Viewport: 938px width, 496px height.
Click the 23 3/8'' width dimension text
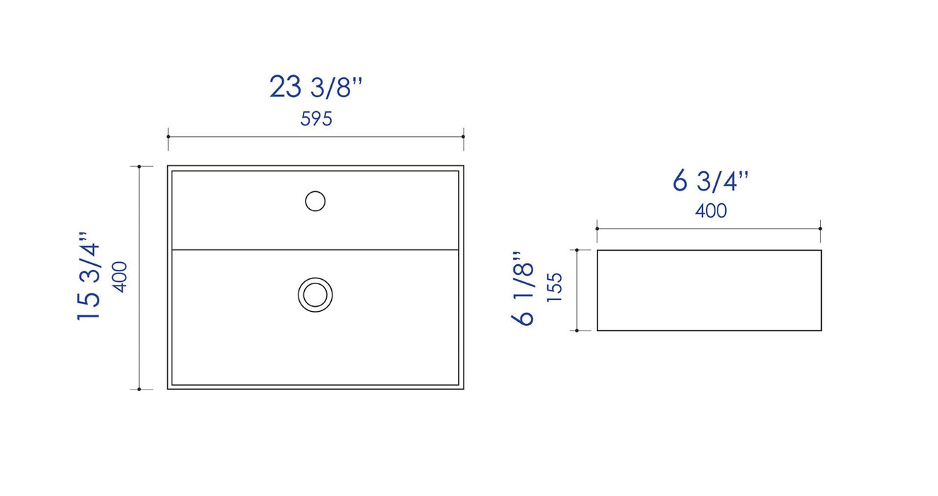316,87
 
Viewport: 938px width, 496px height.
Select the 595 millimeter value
316,119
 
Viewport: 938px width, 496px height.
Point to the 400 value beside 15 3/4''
120,276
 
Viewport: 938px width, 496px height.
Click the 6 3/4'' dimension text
710,181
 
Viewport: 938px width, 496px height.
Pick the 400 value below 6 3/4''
710,210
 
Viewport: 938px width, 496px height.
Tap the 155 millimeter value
554,288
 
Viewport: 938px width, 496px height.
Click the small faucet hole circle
316,201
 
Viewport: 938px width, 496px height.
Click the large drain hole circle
316,294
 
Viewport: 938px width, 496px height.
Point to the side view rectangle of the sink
709,291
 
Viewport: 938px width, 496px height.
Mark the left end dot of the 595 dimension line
168,137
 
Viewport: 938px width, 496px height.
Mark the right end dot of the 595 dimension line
464,137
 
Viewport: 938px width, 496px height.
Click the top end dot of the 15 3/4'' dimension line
140,167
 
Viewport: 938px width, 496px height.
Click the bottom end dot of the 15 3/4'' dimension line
140,389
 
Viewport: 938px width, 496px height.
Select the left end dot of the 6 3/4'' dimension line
598,229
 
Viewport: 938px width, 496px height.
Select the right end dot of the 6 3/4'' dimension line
821,229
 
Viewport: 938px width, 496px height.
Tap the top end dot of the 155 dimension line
578,250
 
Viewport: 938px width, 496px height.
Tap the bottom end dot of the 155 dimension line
578,330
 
